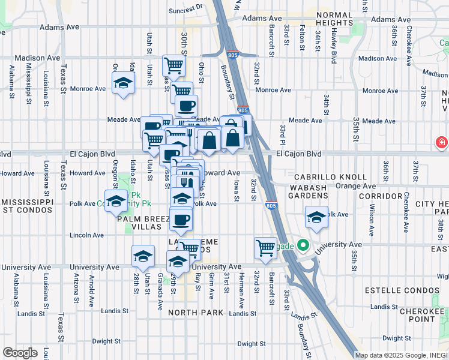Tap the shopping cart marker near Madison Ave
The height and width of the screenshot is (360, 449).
[173, 65]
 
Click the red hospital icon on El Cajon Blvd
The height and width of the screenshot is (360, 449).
[442, 143]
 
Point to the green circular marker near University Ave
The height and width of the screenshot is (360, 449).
[304, 245]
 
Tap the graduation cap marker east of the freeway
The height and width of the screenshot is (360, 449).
[316, 218]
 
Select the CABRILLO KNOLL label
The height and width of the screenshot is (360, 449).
[330, 177]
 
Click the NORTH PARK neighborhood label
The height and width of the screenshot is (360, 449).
[196, 313]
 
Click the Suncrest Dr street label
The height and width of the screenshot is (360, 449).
[186, 10]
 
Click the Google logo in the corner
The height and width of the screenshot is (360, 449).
[20, 352]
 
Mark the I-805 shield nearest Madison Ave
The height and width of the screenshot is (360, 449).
[234, 53]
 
